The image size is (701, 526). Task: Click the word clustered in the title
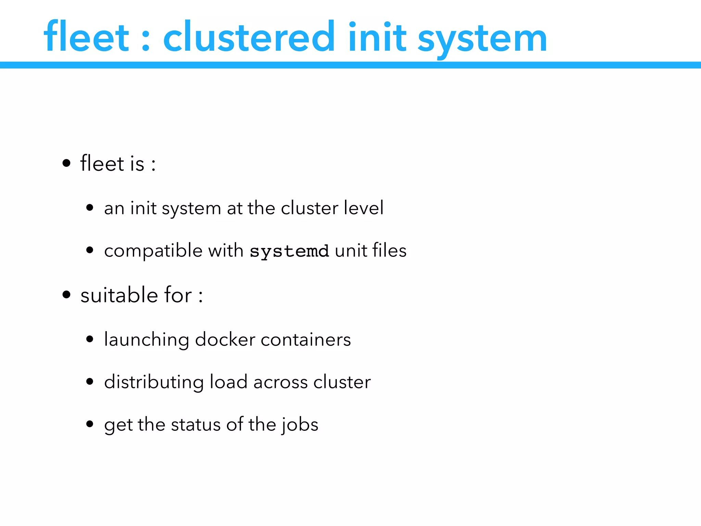pyautogui.click(x=249, y=37)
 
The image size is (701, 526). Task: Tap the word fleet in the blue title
pyautogui.click(x=86, y=37)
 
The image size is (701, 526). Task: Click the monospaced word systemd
pyautogui.click(x=289, y=251)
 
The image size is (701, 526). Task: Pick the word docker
pyautogui.click(x=225, y=339)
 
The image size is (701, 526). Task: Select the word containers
pyautogui.click(x=306, y=339)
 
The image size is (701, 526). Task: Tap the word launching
pyautogui.click(x=146, y=340)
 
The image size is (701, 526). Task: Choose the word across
pyautogui.click(x=280, y=382)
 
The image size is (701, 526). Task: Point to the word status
pyautogui.click(x=196, y=424)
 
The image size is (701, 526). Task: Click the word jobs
pyautogui.click(x=300, y=425)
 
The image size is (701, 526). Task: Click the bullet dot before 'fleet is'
pyautogui.click(x=66, y=163)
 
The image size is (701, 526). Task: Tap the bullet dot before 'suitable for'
pyautogui.click(x=66, y=295)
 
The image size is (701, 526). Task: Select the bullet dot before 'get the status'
pyautogui.click(x=90, y=424)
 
